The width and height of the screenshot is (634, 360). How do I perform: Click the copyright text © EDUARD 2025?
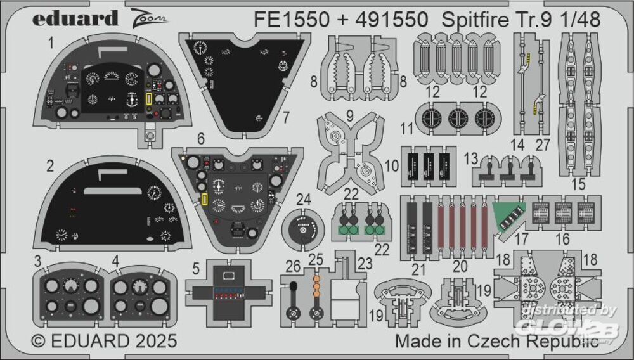[104, 342]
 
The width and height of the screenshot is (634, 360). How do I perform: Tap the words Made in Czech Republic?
[497, 341]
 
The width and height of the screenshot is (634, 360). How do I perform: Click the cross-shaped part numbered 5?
[229, 290]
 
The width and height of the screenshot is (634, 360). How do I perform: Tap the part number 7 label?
[286, 117]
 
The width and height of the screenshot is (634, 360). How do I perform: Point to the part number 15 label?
[578, 185]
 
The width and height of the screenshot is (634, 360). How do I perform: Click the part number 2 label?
[49, 166]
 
